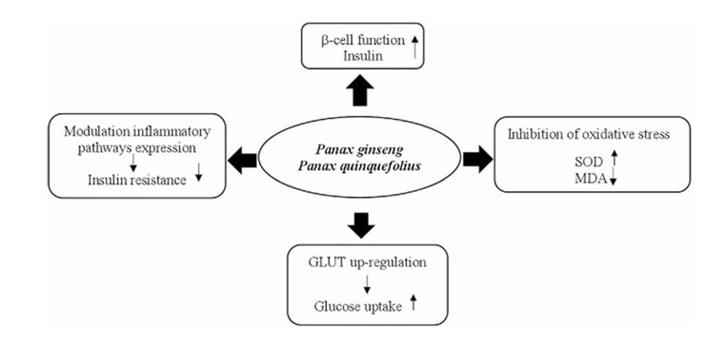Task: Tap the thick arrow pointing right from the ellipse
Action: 478,159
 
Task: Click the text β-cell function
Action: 356,39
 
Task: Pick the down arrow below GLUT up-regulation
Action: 367,284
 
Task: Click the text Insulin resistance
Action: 136,179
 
